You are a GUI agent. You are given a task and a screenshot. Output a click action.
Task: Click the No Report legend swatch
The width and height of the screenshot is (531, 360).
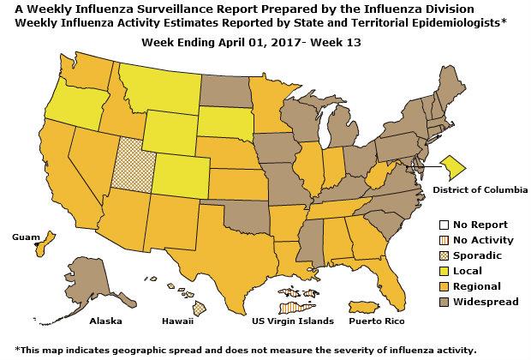click(435, 224)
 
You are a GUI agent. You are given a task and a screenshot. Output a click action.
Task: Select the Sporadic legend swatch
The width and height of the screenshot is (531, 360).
click(435, 255)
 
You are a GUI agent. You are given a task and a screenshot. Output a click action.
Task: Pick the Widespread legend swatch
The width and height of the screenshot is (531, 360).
click(435, 301)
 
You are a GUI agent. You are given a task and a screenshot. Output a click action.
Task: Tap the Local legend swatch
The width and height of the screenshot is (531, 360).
click(435, 270)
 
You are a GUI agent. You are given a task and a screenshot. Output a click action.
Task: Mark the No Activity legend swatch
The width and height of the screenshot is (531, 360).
click(435, 239)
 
